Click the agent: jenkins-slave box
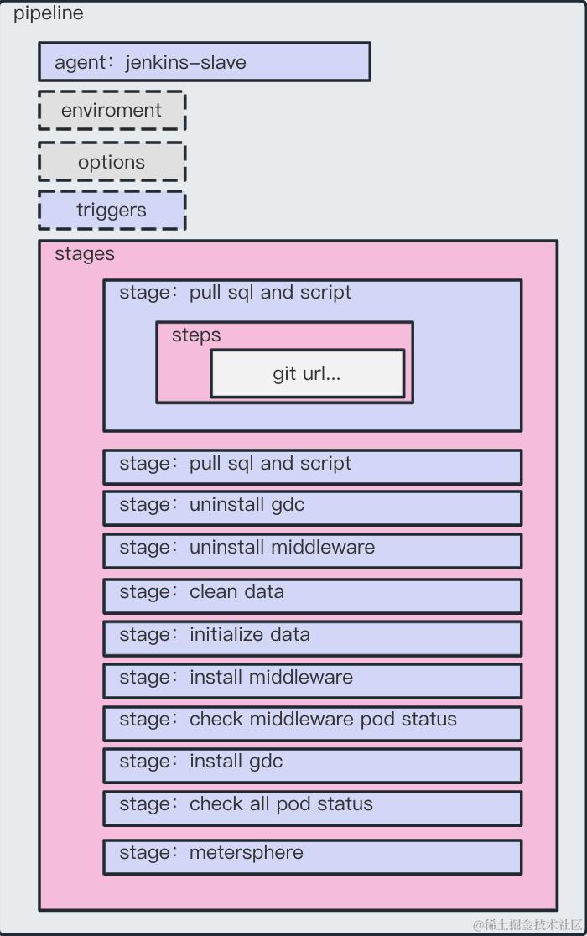(x=204, y=62)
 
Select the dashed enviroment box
(x=112, y=111)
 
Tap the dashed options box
(x=112, y=162)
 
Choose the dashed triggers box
(x=112, y=210)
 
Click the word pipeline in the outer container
(x=48, y=13)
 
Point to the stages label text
(x=85, y=253)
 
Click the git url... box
(x=307, y=373)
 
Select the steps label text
(x=196, y=335)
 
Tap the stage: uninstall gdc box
(x=312, y=507)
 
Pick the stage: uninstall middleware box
(x=312, y=550)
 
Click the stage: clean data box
(x=312, y=595)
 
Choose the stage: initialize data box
(x=312, y=637)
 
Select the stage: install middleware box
(x=312, y=680)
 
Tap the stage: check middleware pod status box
(x=312, y=722)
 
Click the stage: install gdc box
(x=312, y=764)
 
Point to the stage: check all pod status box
(x=312, y=807)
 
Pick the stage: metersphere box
(x=312, y=855)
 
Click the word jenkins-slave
(x=185, y=62)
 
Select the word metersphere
(x=246, y=853)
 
